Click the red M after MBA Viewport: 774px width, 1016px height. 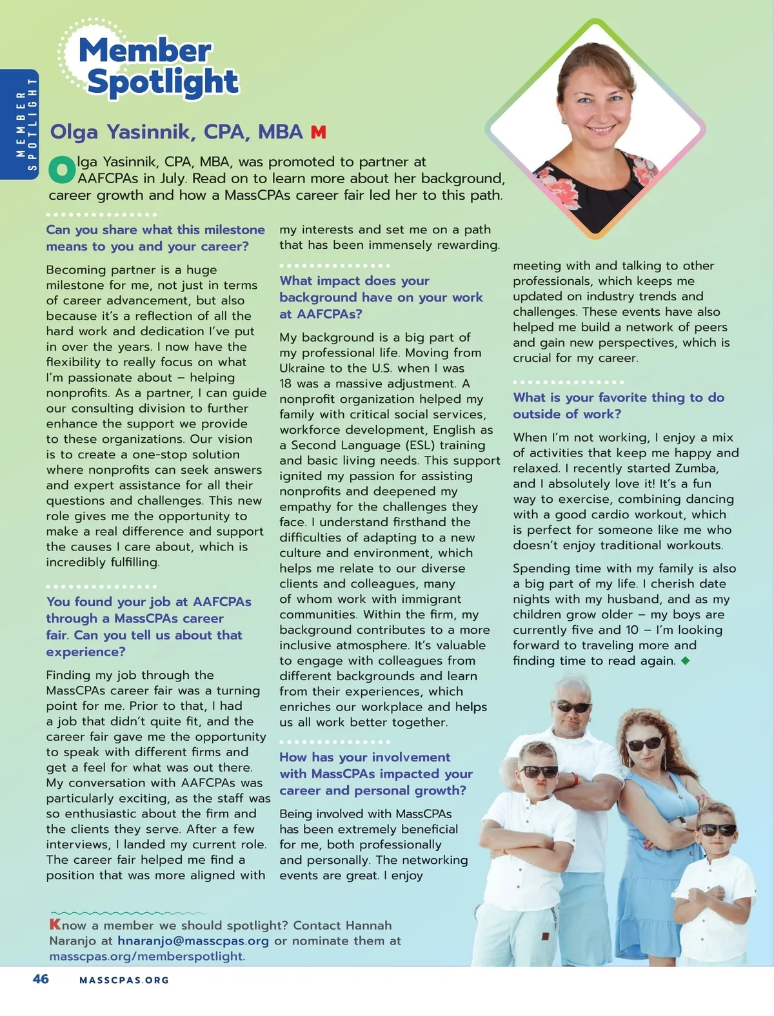318,132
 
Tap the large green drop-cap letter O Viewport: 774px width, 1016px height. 62,169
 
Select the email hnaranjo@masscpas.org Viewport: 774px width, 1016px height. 193,941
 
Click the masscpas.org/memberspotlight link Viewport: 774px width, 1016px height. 146,956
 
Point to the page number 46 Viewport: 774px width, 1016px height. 41,979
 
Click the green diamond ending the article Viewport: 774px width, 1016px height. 685,661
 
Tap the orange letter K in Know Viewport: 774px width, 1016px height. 55,924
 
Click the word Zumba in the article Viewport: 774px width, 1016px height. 696,468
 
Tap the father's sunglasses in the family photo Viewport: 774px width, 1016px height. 572,707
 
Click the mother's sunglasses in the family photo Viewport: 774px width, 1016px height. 644,744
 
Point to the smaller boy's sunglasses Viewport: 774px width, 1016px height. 718,830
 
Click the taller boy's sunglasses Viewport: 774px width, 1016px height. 539,771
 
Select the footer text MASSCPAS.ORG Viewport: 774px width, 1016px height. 124,980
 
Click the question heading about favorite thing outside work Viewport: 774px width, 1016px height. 618,405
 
